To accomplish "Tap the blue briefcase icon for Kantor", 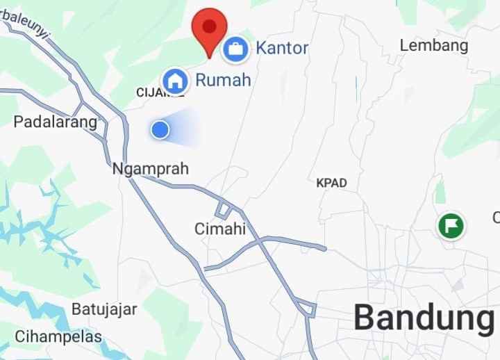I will click(x=235, y=49).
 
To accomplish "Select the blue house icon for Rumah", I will click(x=176, y=81).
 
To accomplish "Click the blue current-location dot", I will click(x=160, y=129).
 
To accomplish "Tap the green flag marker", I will click(x=451, y=226).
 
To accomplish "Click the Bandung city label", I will click(x=424, y=318).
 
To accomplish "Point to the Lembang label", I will click(x=434, y=46).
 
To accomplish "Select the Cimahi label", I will click(x=220, y=229).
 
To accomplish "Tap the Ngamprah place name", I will click(x=150, y=169).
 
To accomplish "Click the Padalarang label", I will click(x=56, y=122).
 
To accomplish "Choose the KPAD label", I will click(x=331, y=183).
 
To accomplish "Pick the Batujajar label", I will click(x=104, y=309).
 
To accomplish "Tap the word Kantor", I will click(x=282, y=48).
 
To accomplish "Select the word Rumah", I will click(x=222, y=80).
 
